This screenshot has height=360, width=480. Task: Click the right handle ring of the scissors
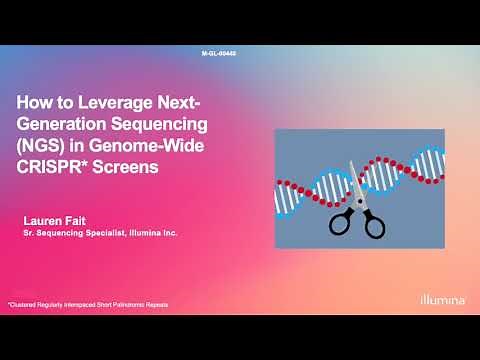tap(373, 225)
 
